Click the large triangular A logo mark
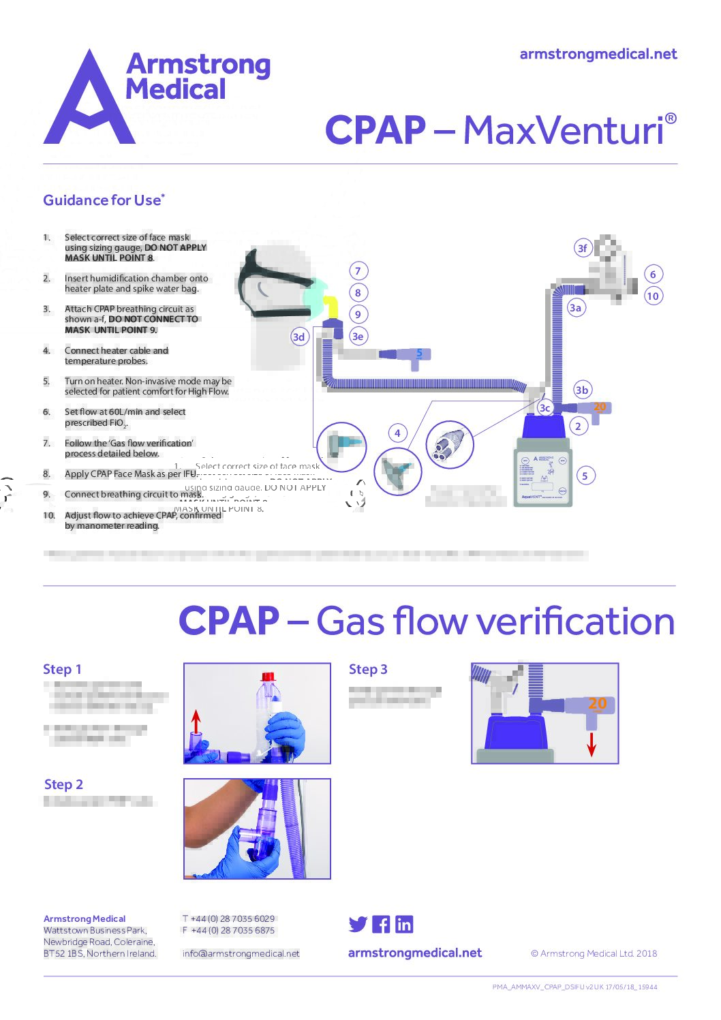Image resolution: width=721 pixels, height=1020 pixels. click(x=89, y=102)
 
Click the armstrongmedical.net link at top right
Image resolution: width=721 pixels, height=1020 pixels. click(x=598, y=55)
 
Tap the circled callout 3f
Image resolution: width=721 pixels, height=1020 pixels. click(x=582, y=248)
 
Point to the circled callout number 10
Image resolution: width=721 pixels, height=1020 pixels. click(x=653, y=296)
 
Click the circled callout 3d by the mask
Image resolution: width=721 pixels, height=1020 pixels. click(x=298, y=337)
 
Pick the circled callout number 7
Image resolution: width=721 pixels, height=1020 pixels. click(x=358, y=271)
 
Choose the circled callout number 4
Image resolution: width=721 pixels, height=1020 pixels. click(x=397, y=433)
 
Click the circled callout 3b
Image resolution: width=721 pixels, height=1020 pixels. click(x=581, y=390)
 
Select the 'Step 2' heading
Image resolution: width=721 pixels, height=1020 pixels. click(x=63, y=784)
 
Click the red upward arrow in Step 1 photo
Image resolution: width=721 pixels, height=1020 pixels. click(x=196, y=722)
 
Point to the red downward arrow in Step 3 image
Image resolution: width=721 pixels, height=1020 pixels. click(x=592, y=743)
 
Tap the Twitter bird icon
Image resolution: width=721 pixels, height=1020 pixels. click(x=358, y=925)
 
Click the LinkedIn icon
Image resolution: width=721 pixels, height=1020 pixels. click(x=404, y=925)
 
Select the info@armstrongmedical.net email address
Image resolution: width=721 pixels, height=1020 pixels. click(x=241, y=953)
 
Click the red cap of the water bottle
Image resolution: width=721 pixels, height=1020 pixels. click(x=268, y=677)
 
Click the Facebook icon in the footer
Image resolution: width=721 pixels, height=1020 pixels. click(x=381, y=925)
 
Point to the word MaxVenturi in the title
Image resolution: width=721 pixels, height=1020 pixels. click(x=564, y=131)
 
